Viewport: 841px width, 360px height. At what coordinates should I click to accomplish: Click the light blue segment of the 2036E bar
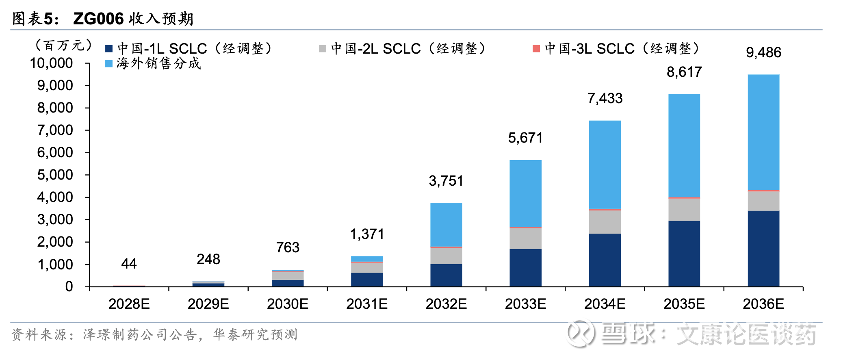[x=763, y=132]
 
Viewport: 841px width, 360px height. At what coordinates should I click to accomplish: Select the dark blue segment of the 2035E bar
[x=684, y=254]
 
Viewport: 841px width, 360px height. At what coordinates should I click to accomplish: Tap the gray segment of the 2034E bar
[x=605, y=222]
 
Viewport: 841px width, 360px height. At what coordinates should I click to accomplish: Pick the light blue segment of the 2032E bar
[x=446, y=224]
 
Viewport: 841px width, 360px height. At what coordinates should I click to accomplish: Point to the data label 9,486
[x=763, y=52]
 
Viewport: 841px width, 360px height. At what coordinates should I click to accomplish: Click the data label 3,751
[x=446, y=181]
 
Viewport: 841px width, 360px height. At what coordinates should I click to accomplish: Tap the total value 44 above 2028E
[x=129, y=264]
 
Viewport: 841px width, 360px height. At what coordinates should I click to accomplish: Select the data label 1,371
[x=367, y=234]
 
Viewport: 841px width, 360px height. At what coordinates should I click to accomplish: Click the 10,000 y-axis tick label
[x=51, y=63]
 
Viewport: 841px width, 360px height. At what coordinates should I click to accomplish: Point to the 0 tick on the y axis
[x=69, y=287]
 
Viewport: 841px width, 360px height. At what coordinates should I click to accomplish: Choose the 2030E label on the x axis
[x=288, y=304]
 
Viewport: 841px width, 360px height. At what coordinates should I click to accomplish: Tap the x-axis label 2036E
[x=763, y=304]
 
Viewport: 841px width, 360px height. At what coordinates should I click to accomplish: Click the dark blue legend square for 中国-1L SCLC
[x=108, y=49]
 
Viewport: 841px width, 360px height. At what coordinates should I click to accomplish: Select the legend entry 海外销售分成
[x=158, y=63]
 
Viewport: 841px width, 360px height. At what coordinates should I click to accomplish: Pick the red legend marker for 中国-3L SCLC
[x=536, y=49]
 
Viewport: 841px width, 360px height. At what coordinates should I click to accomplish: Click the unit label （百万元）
[x=63, y=45]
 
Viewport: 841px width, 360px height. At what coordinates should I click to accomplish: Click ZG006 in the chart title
[x=98, y=19]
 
